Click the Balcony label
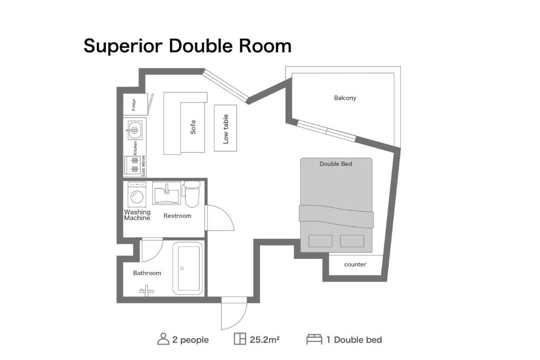point(344,98)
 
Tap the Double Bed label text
point(336,164)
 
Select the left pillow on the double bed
point(320,241)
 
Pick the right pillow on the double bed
point(352,241)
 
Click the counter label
point(355,264)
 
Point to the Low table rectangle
point(225,128)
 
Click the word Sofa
point(193,127)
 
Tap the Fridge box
point(135,104)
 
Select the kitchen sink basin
point(134,130)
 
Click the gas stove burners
point(134,165)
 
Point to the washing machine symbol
point(136,195)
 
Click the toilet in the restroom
point(191,194)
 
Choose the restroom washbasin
point(166,193)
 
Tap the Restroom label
point(177,216)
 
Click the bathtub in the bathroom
point(187,268)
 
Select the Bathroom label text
point(147,273)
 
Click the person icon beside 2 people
point(163,339)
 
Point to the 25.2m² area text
point(264,339)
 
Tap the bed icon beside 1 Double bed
point(314,339)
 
